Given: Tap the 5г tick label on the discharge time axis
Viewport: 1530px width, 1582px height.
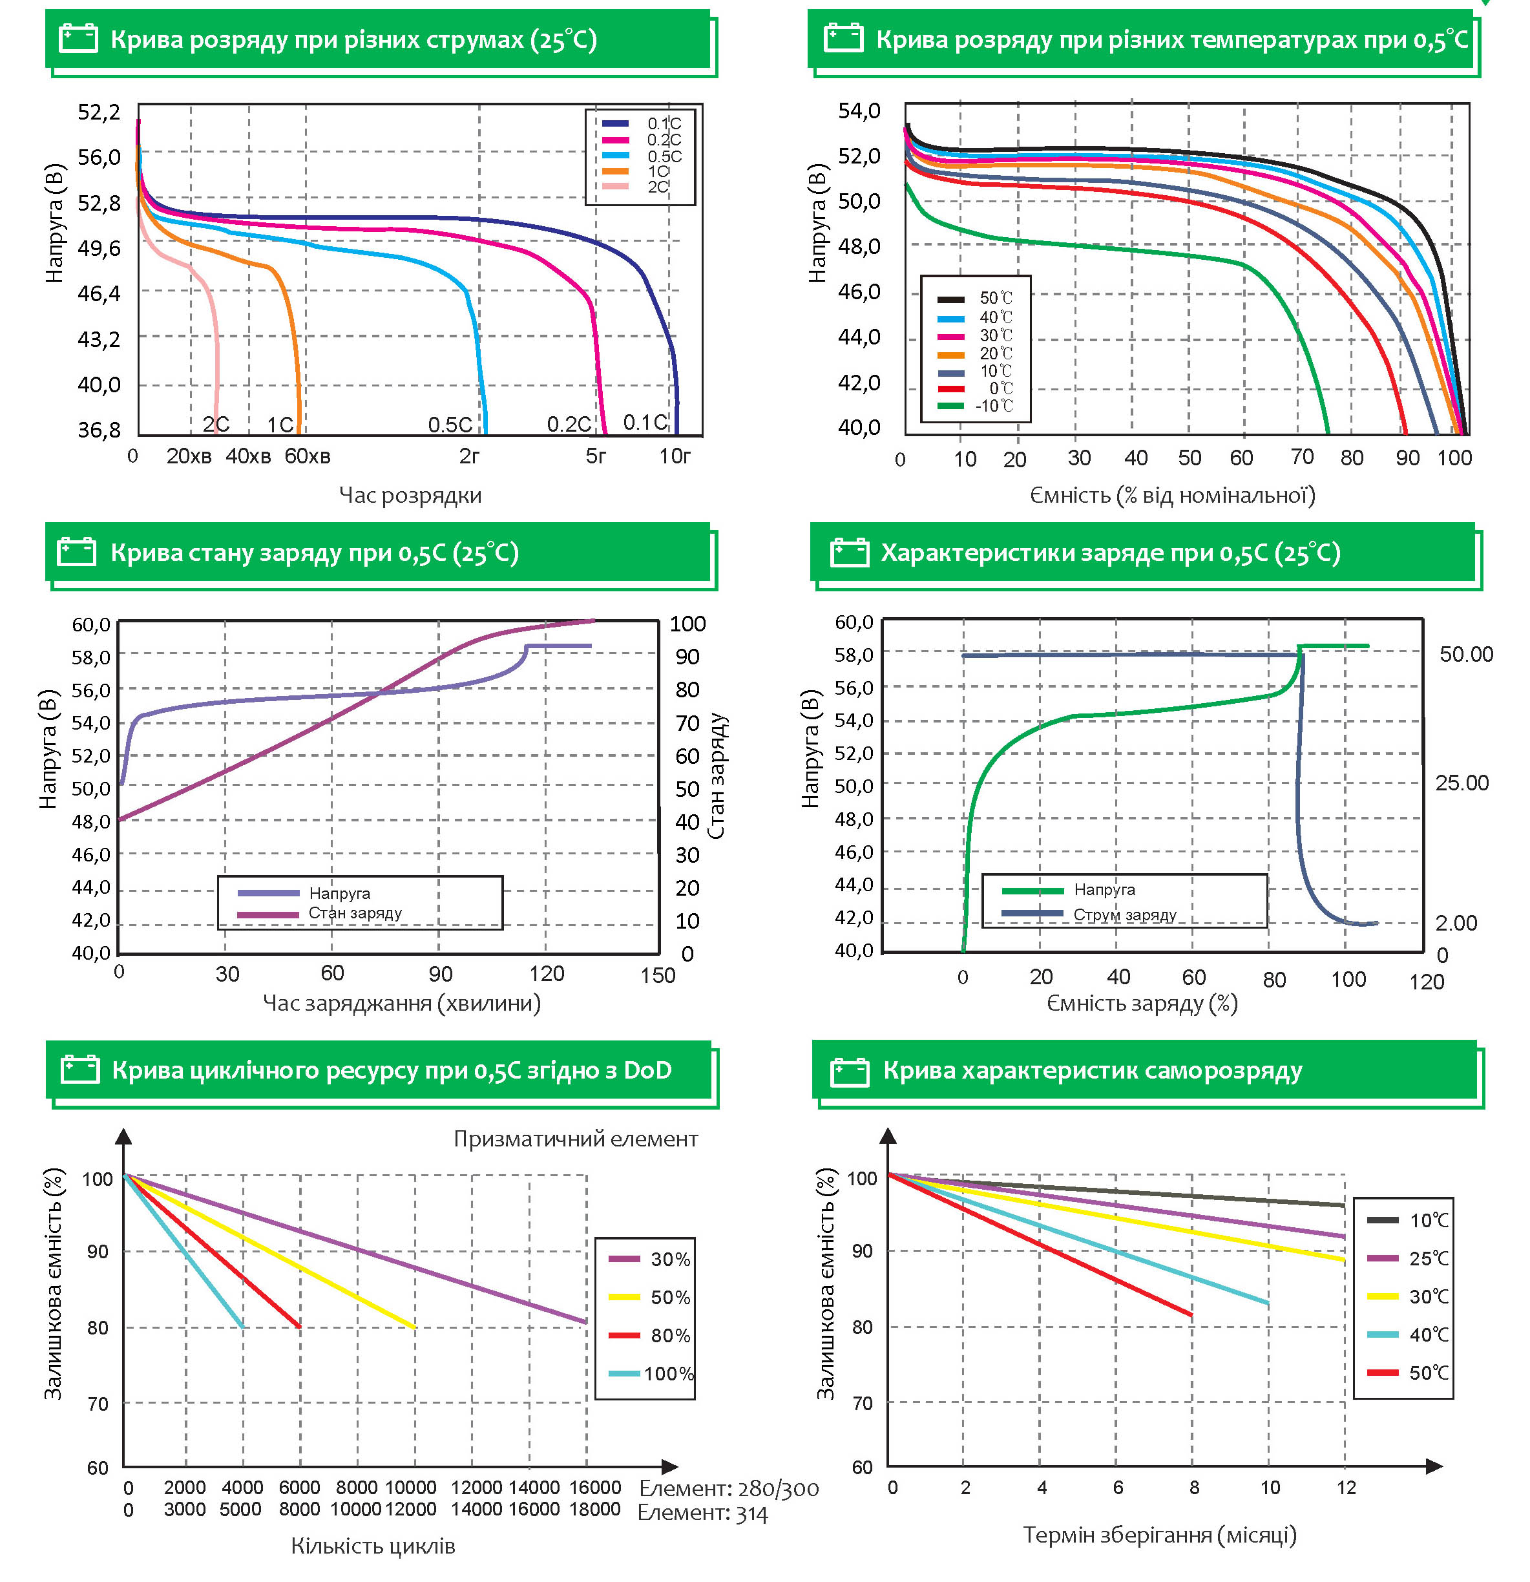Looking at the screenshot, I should [596, 457].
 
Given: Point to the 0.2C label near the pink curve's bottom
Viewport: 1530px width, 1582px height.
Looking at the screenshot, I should [569, 425].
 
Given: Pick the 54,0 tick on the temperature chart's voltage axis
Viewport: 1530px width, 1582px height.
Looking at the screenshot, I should [859, 111].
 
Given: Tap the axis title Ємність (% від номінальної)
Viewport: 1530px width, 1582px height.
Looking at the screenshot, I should [1171, 496].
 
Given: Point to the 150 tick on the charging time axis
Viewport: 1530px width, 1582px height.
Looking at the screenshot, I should [658, 975].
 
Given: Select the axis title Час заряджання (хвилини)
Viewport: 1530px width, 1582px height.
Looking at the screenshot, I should [402, 1003].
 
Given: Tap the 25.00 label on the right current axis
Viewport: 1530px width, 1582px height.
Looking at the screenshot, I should [1462, 783].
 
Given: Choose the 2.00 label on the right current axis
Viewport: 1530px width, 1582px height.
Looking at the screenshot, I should [1456, 923].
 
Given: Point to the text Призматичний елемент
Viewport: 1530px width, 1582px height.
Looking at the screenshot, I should [575, 1139].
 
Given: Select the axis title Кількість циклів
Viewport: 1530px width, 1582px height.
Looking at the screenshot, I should [373, 1546].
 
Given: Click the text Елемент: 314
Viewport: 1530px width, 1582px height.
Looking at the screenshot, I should [702, 1513].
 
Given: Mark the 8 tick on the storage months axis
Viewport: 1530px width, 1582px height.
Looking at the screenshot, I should [1193, 1488].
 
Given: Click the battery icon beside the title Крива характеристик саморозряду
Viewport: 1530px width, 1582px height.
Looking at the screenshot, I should [850, 1072].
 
